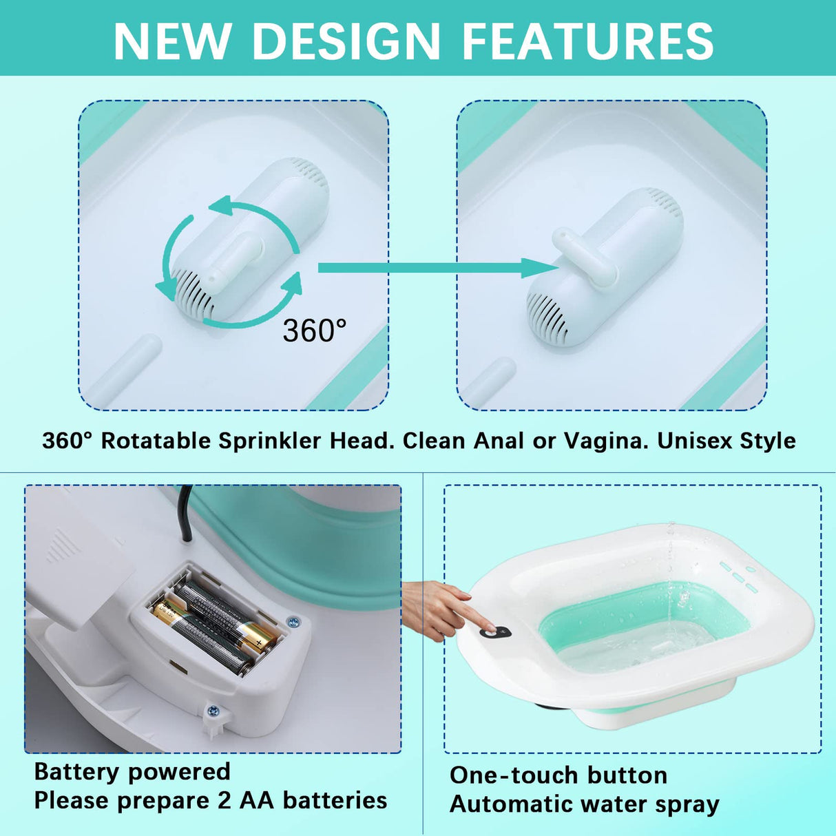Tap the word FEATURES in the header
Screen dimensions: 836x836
point(588,41)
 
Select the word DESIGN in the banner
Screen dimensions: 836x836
point(348,41)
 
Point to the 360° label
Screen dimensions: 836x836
point(314,331)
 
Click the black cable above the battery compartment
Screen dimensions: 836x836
point(185,513)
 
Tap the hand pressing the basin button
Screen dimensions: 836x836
point(441,606)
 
